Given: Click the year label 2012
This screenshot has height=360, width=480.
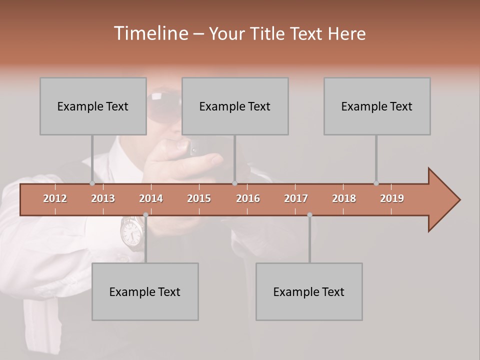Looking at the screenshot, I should (x=55, y=198).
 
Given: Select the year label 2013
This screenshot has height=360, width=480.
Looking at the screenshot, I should (x=103, y=198).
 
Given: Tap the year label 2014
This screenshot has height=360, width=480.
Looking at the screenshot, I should (x=151, y=198).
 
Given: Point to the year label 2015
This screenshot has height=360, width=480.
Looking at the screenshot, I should (x=199, y=198).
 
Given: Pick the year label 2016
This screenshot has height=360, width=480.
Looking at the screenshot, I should (x=248, y=198).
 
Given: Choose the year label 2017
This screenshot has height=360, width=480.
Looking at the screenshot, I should (x=296, y=198).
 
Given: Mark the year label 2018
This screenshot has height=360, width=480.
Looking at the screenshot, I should (x=344, y=198).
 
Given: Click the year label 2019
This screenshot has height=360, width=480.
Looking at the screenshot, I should (x=392, y=198).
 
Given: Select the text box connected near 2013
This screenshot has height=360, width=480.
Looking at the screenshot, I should (x=93, y=106).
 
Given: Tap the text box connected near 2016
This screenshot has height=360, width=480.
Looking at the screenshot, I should (x=235, y=106).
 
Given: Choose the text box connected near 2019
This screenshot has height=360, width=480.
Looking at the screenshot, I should (x=377, y=106).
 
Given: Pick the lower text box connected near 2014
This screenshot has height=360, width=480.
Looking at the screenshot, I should (x=145, y=291).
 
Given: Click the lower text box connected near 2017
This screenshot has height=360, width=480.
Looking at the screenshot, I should (x=309, y=291).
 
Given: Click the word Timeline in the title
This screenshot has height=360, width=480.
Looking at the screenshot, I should (x=150, y=33).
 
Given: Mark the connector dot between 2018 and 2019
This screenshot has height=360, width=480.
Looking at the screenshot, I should (x=376, y=183).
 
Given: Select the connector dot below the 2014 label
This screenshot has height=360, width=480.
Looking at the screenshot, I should (x=145, y=215).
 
